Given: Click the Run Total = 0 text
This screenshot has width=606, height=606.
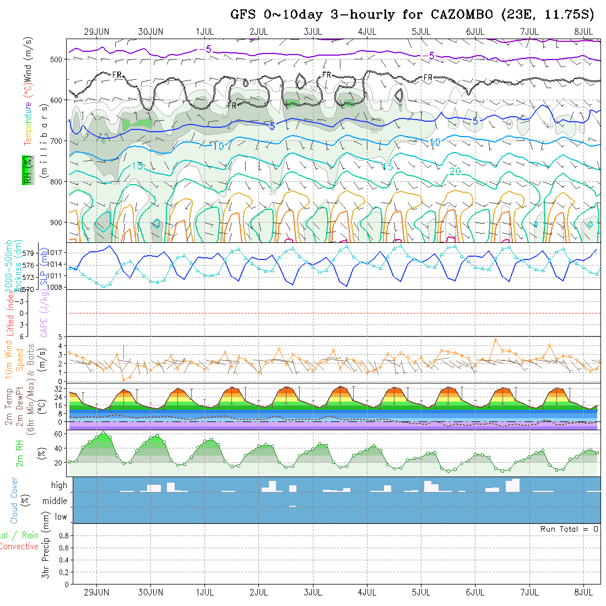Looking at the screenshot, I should click(x=569, y=529).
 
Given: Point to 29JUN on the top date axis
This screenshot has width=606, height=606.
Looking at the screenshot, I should click(x=97, y=31).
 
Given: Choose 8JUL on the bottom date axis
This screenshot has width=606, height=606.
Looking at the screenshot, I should click(x=584, y=592).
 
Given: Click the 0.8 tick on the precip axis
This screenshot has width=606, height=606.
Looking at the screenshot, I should click(x=62, y=535).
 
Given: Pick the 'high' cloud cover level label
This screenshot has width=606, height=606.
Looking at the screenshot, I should click(x=59, y=485).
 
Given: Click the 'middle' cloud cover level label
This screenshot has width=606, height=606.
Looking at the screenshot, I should click(x=55, y=501).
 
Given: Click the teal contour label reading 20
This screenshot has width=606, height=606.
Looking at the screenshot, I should click(x=455, y=171).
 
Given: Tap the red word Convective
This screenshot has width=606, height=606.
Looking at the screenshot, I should click(x=19, y=547).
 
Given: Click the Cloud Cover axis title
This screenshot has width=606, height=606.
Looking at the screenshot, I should click(x=14, y=501).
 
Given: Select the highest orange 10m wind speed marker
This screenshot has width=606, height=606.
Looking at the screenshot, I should click(x=496, y=339).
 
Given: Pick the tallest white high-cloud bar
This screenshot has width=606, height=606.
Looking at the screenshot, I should click(x=516, y=485).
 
